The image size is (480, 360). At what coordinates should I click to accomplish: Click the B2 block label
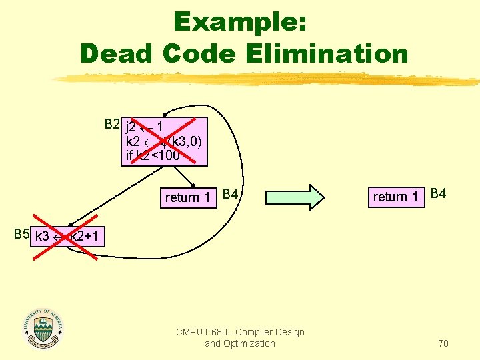pos(112,124)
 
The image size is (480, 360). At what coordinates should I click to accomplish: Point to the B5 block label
pos(21,234)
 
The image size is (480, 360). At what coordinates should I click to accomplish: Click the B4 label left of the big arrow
pos(231,194)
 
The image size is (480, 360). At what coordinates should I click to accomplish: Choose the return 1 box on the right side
pos(396,197)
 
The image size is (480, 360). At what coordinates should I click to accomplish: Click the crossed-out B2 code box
pos(164,141)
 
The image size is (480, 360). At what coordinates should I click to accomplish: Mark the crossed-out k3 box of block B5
pos(67,235)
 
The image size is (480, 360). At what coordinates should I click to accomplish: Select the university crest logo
pos(43,329)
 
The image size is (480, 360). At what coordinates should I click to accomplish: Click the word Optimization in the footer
pos(249,343)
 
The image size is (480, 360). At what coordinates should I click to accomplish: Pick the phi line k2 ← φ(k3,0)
pos(163,142)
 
